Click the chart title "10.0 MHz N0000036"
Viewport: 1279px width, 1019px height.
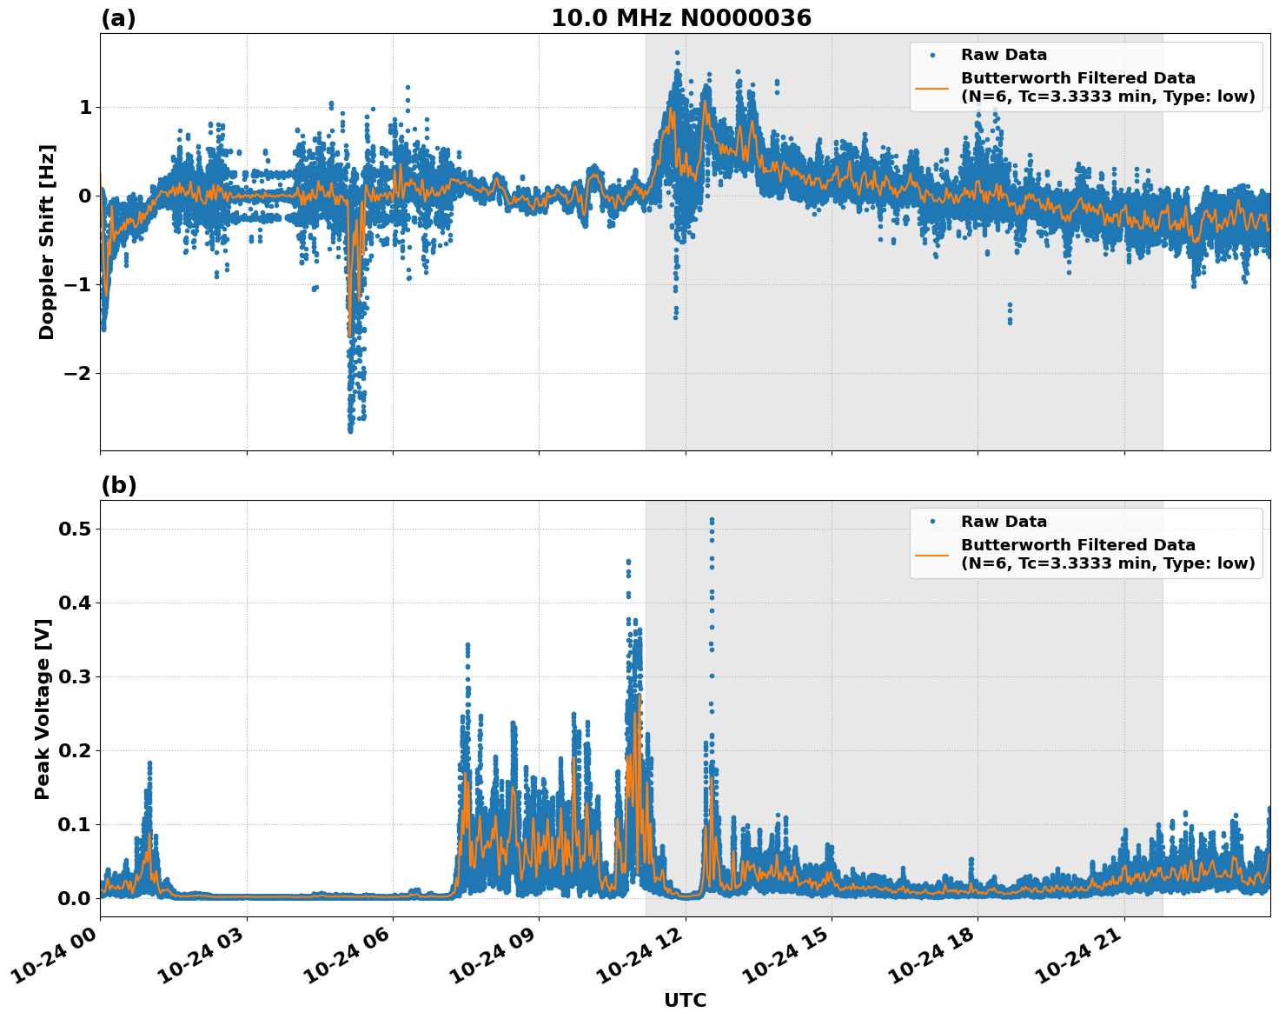681,18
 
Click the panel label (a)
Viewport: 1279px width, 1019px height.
118,18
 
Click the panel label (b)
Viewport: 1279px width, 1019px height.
118,485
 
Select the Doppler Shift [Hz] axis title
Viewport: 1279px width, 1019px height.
47,242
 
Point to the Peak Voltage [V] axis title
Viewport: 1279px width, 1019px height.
43,709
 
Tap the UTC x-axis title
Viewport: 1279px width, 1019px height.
685,1000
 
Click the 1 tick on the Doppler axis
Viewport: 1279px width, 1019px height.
85,107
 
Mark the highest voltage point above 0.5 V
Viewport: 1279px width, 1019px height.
712,520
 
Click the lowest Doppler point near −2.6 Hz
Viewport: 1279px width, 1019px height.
350,430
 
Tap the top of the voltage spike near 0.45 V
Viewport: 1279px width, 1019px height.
628,562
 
